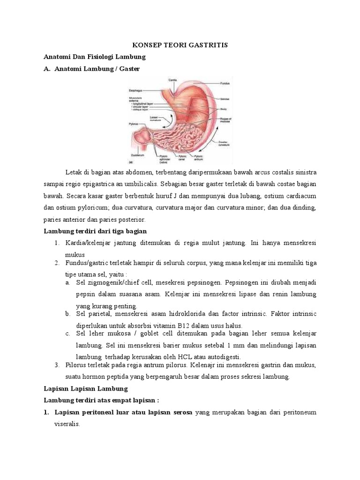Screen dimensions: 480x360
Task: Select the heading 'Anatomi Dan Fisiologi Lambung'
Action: click(x=95, y=57)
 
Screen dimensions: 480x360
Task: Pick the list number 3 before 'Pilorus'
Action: click(x=56, y=365)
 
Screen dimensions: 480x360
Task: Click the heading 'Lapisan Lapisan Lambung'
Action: click(x=85, y=389)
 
